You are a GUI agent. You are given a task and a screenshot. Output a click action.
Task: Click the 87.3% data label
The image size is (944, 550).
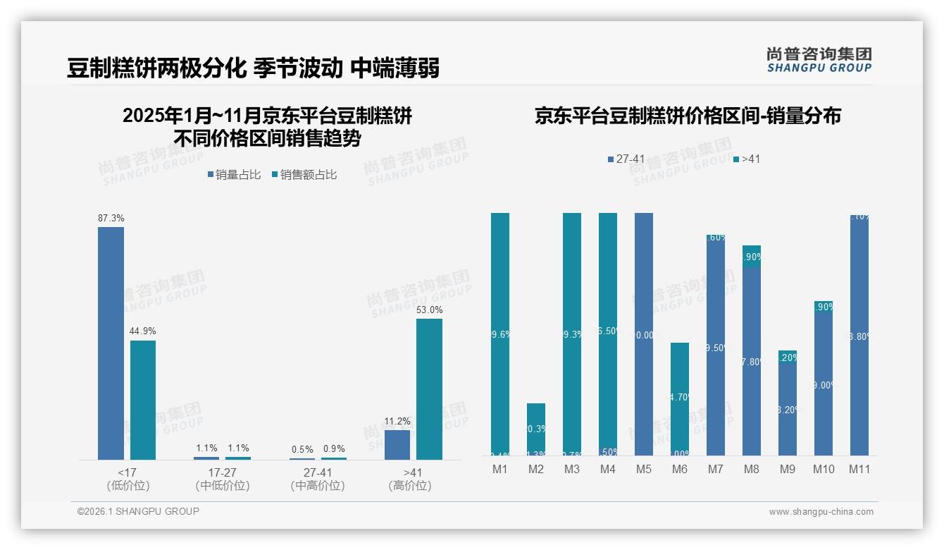tap(111, 219)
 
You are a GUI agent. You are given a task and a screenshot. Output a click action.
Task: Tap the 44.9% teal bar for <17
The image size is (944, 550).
tap(143, 400)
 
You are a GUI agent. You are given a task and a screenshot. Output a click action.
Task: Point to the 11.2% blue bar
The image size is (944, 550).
tap(397, 445)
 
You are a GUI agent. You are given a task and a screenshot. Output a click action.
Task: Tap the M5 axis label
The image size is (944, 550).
tap(644, 469)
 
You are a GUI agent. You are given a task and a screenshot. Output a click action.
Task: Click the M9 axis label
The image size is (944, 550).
tap(788, 469)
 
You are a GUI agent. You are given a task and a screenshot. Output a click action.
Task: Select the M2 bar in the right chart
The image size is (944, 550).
tap(536, 429)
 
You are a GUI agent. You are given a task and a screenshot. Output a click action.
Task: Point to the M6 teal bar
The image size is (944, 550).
tap(680, 398)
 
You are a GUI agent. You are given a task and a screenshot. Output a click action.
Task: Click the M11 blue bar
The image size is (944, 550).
tap(859, 335)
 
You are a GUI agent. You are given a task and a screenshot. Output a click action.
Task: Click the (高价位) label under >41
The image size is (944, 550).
tap(410, 486)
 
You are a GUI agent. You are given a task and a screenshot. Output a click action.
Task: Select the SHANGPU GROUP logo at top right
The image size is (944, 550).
tap(819, 59)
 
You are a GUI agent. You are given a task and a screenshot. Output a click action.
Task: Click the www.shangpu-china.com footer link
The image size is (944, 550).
tap(821, 512)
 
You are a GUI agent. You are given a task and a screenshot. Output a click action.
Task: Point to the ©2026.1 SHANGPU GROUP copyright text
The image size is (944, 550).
tap(138, 511)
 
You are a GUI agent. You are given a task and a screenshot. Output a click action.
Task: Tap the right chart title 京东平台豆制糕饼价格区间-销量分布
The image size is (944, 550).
tap(688, 116)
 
